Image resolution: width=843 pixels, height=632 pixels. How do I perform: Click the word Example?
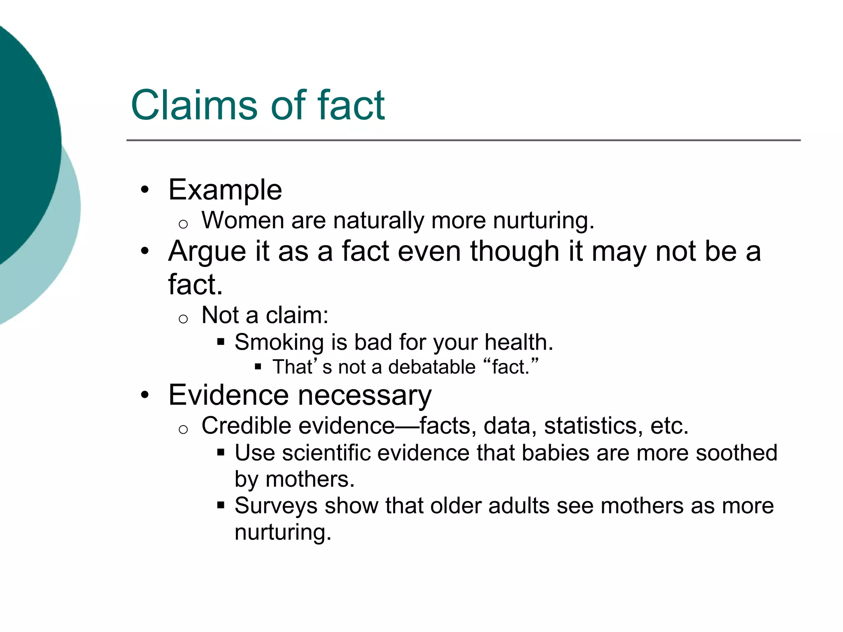click(225, 190)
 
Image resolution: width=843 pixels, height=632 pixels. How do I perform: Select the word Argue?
click(207, 252)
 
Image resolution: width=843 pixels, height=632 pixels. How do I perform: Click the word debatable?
click(432, 367)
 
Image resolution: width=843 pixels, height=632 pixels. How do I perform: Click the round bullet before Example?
click(144, 190)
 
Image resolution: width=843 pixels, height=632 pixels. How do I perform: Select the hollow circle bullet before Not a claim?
click(183, 319)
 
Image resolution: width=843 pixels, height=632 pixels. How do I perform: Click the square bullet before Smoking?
click(221, 342)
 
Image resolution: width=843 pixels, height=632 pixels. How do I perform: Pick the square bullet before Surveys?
click(221, 505)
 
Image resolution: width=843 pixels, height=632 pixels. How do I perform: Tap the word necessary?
click(365, 395)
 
